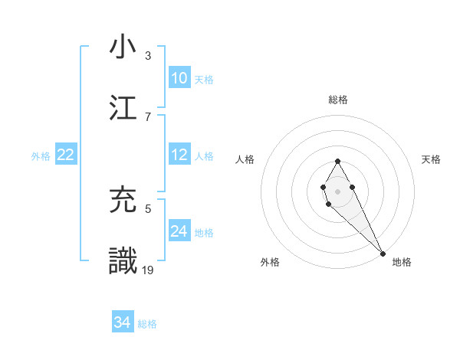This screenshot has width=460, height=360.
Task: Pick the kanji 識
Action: click(x=123, y=260)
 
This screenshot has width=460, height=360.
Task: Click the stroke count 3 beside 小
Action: click(x=148, y=56)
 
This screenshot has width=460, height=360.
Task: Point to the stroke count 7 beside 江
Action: click(x=148, y=116)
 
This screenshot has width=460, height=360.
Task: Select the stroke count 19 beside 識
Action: click(x=149, y=270)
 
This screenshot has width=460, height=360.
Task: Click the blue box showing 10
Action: click(x=179, y=78)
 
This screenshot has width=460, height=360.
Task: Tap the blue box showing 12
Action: click(x=179, y=155)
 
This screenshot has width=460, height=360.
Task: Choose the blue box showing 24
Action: click(x=179, y=231)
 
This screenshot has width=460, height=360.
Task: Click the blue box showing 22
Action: click(x=66, y=155)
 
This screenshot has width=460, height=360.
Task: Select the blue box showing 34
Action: click(x=123, y=322)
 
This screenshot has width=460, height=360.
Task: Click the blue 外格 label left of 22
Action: click(x=41, y=156)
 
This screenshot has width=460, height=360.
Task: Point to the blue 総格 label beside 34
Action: click(x=147, y=324)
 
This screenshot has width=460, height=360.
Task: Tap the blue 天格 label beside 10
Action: click(x=204, y=80)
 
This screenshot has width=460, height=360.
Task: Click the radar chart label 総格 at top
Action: click(x=337, y=100)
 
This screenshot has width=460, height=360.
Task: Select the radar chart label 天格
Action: click(x=431, y=159)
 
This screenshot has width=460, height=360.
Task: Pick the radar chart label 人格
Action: click(x=245, y=159)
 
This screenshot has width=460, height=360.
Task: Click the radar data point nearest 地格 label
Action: click(x=383, y=254)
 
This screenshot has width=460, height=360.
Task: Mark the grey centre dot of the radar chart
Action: click(x=337, y=190)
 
